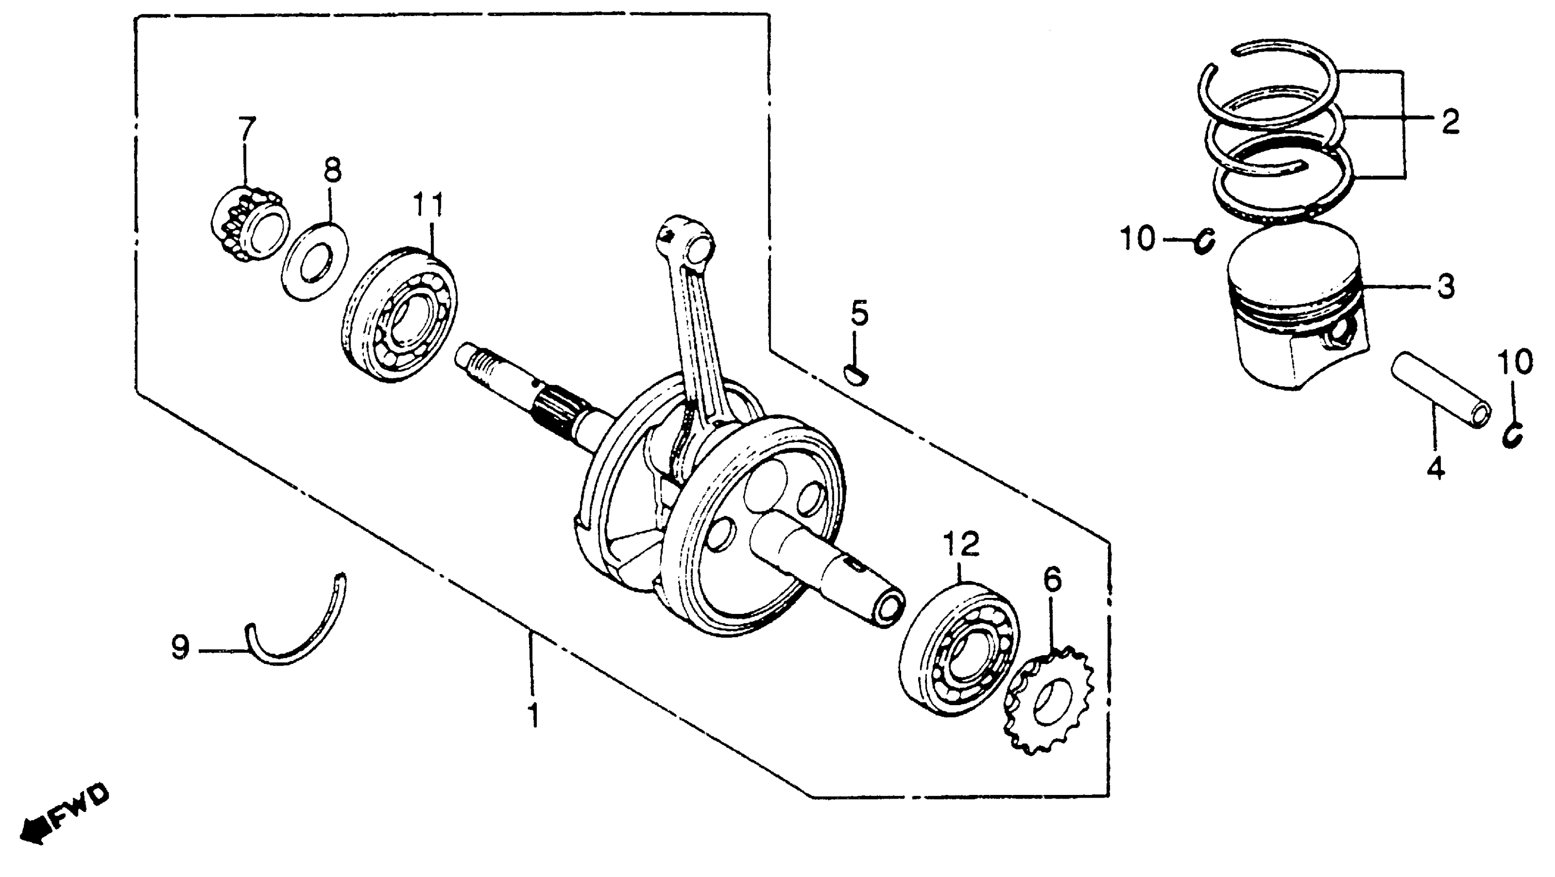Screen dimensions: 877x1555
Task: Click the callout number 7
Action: (x=246, y=128)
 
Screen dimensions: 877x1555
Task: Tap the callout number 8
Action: (x=332, y=170)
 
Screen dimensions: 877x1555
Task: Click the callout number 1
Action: (x=533, y=714)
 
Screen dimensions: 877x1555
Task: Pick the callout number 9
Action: (x=181, y=649)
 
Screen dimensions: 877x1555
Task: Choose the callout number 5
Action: (x=860, y=314)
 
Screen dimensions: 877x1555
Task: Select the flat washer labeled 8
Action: (x=315, y=260)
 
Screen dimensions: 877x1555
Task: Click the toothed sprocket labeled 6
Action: (x=1049, y=700)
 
